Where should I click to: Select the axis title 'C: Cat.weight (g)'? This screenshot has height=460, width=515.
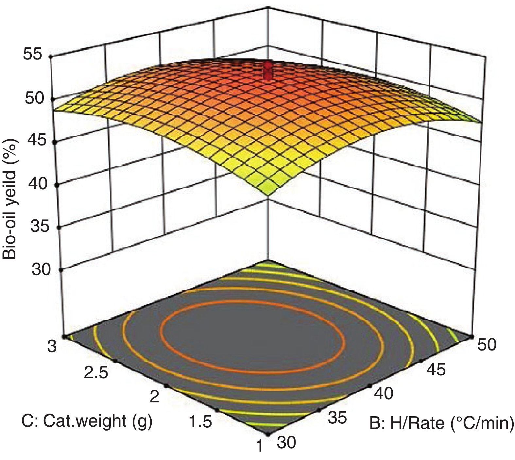click(x=87, y=421)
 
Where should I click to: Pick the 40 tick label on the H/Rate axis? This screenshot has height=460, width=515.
click(x=383, y=394)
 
